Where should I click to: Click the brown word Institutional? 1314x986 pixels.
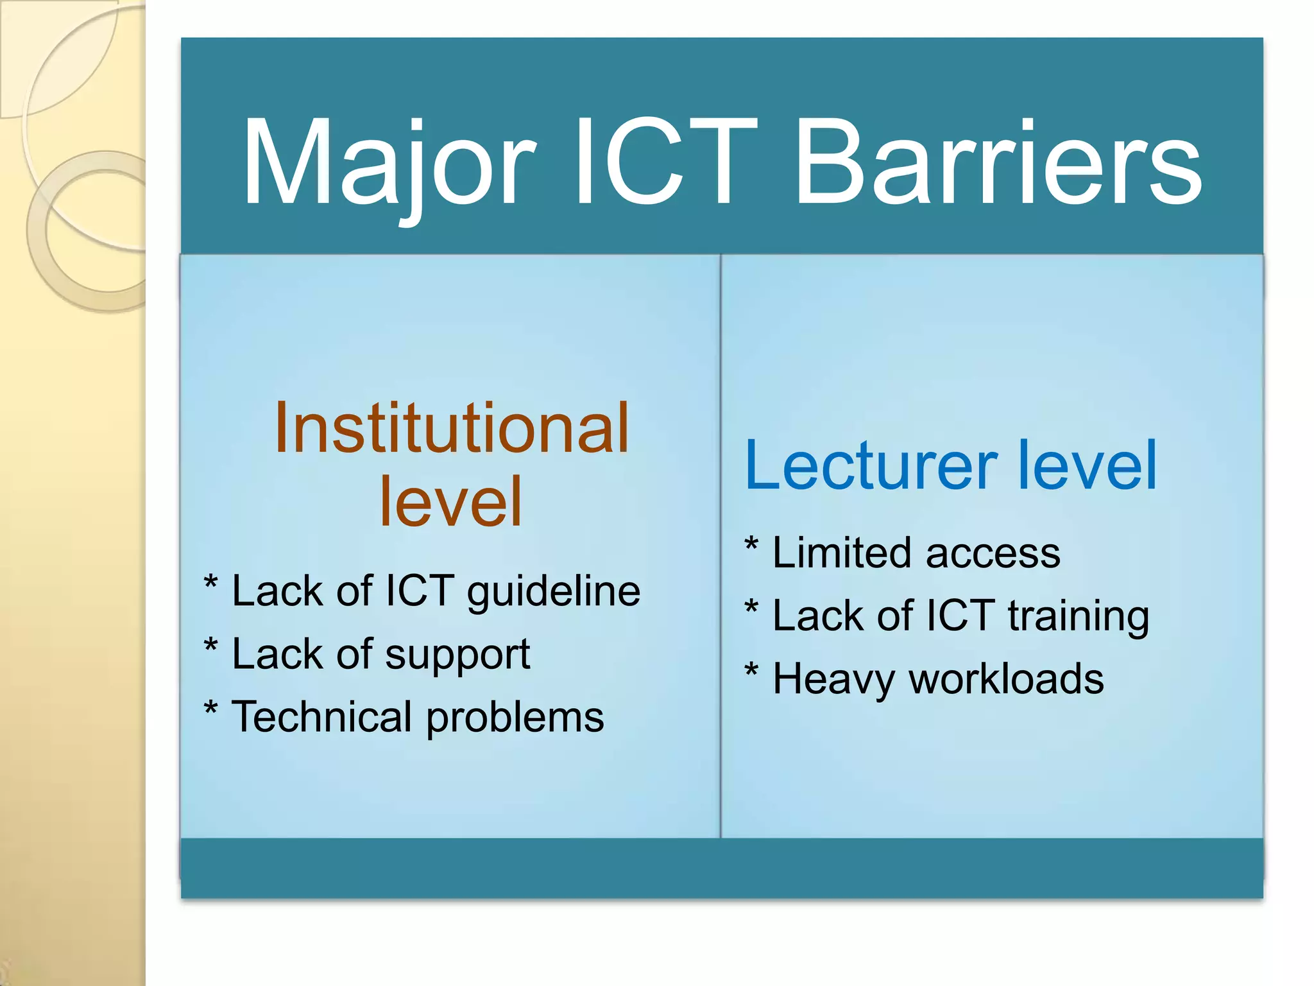click(451, 429)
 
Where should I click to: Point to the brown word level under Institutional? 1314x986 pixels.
click(451, 502)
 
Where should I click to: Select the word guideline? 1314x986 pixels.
click(553, 591)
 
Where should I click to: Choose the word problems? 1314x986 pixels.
click(515, 718)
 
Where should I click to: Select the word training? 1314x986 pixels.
click(1078, 617)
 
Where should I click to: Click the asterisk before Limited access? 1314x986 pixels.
click(751, 546)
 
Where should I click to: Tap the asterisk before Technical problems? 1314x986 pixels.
click(210, 709)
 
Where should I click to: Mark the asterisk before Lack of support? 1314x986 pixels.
click(210, 646)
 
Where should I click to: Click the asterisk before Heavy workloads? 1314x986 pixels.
click(751, 671)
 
